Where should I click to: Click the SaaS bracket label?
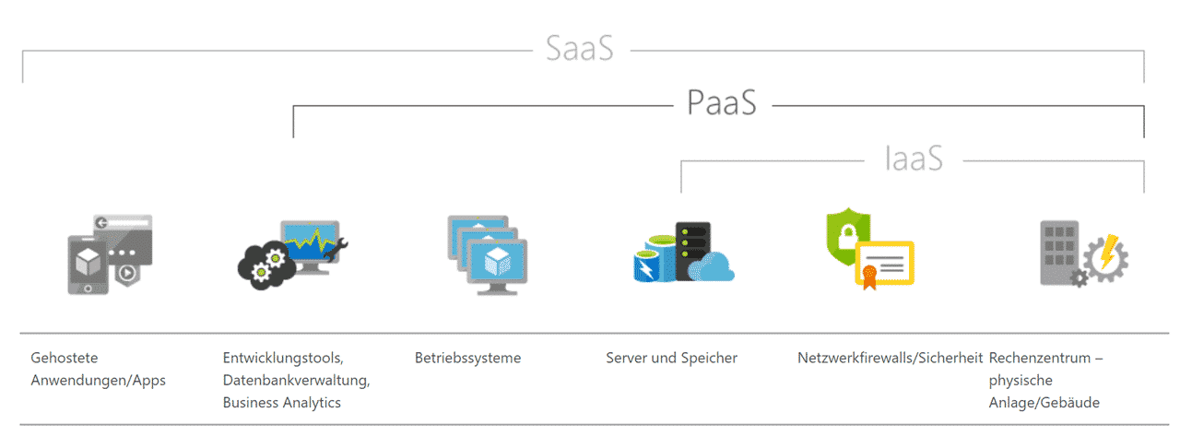click(580, 49)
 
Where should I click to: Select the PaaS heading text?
click(722, 102)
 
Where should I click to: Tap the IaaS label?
click(914, 159)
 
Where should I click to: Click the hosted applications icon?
click(110, 254)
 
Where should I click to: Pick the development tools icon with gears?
click(292, 255)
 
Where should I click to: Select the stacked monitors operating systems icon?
click(488, 255)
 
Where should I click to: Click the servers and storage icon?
click(684, 252)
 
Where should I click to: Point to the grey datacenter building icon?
click(1059, 253)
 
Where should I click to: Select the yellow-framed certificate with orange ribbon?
click(884, 265)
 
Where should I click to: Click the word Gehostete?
click(65, 358)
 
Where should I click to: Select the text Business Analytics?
click(282, 403)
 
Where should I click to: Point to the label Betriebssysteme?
click(467, 358)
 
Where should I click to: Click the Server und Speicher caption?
click(672, 358)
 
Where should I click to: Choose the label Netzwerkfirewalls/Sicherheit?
click(891, 358)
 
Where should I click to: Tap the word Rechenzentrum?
click(1040, 358)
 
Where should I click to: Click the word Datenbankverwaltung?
click(296, 380)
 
